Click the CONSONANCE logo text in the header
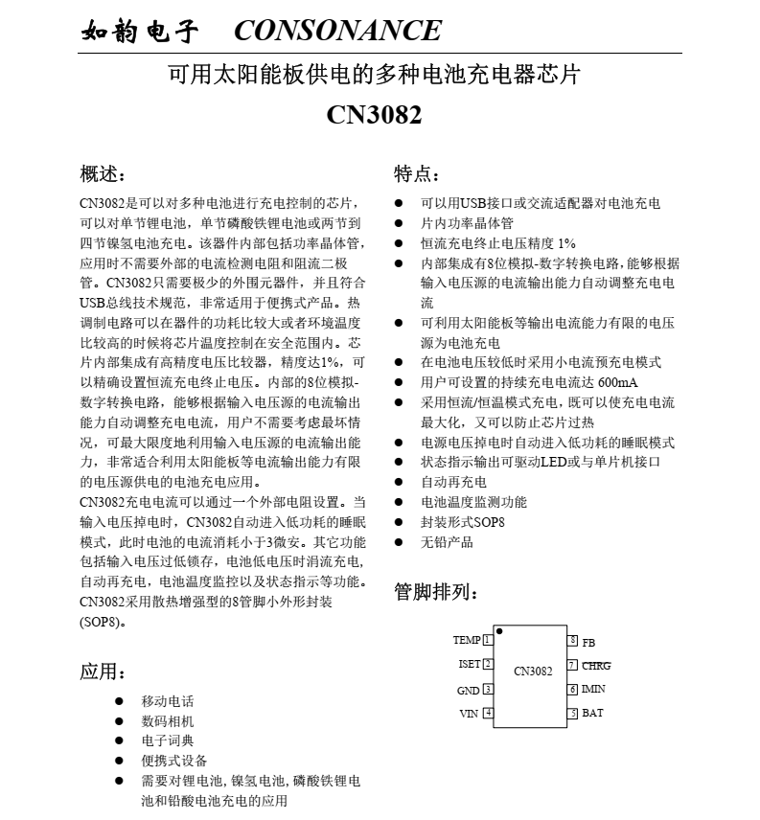coord(337,31)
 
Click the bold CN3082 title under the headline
coord(374,115)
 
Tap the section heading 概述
coord(102,174)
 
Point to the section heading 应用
coord(102,671)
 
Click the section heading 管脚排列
coord(437,592)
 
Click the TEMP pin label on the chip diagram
coord(467,640)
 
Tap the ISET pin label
coord(470,664)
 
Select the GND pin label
coord(468,690)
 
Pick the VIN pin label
coord(469,714)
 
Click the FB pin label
coord(588,642)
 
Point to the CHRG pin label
coord(596,665)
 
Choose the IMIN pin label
coord(593,689)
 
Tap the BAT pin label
coord(592,714)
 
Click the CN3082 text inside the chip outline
coord(533,672)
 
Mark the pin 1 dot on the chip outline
coord(499,631)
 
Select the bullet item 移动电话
coord(168,701)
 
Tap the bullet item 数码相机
coord(168,721)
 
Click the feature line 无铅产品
coord(447,542)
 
